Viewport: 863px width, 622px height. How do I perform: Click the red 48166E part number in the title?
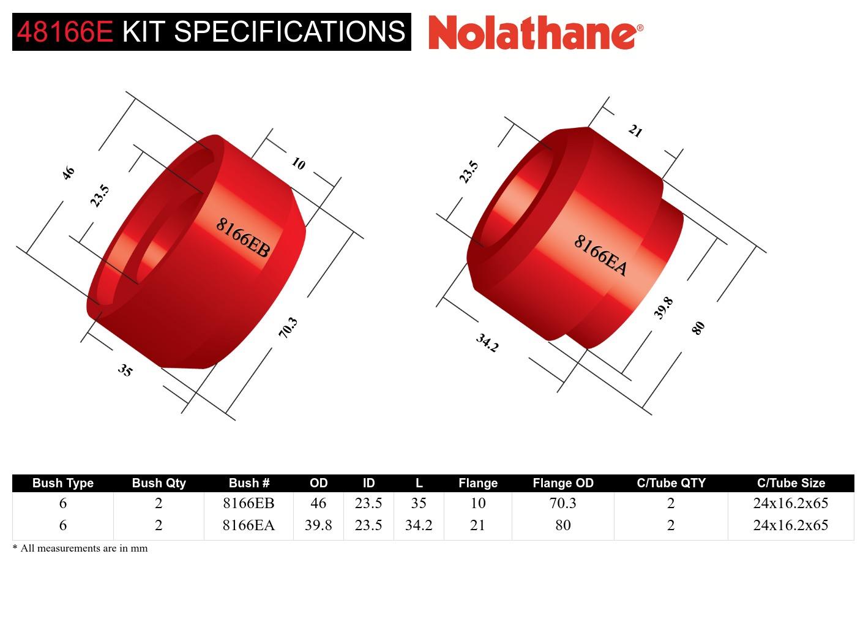click(x=65, y=32)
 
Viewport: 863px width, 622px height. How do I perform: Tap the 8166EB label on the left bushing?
click(x=242, y=238)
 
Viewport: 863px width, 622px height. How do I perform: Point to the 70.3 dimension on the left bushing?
click(x=288, y=328)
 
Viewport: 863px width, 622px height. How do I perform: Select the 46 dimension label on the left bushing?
click(x=68, y=173)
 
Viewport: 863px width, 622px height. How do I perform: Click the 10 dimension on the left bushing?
click(x=298, y=163)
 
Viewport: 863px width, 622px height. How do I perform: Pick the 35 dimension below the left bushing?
click(x=125, y=370)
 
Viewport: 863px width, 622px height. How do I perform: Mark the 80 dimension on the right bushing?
click(x=698, y=328)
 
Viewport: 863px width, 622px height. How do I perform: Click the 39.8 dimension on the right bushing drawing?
click(x=663, y=308)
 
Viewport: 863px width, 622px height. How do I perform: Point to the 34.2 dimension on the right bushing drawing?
click(x=487, y=343)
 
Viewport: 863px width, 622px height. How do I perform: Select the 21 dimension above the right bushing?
click(x=635, y=131)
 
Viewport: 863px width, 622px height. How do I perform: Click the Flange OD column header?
click(x=562, y=483)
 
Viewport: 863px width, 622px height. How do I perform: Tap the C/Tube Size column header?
click(x=791, y=483)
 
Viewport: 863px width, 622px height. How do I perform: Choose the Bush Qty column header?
click(x=159, y=483)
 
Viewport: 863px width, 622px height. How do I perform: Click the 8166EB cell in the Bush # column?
click(x=248, y=503)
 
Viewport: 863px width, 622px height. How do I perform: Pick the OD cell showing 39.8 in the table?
click(x=318, y=525)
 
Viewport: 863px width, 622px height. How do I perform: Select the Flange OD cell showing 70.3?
click(x=562, y=503)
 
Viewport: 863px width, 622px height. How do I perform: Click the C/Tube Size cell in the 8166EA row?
click(x=791, y=525)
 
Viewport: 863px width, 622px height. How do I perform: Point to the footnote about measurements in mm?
click(x=80, y=549)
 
